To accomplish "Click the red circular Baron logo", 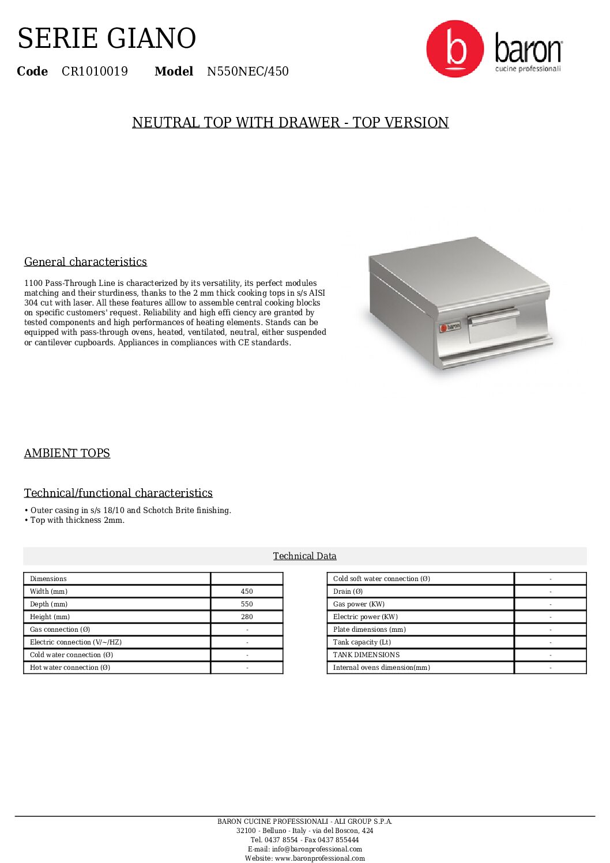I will tap(455, 49).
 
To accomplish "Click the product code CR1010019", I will tap(95, 71).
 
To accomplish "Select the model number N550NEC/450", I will tap(247, 71).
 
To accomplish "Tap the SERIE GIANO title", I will tap(107, 39).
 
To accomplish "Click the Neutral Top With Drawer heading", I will tap(290, 123).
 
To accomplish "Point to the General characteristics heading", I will tap(85, 262).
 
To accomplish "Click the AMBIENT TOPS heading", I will tap(67, 453).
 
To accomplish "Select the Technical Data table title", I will tap(304, 556).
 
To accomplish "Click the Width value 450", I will tap(247, 591).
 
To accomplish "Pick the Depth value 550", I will tap(247, 604).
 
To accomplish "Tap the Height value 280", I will tap(247, 617).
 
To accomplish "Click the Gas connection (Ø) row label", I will tap(60, 630).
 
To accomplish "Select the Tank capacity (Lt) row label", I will tap(362, 642).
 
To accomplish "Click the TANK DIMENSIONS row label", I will tap(366, 655).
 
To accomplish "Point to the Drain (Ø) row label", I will tap(348, 591).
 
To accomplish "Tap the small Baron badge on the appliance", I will tap(450, 327).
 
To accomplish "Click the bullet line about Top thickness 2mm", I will tap(75, 521).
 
